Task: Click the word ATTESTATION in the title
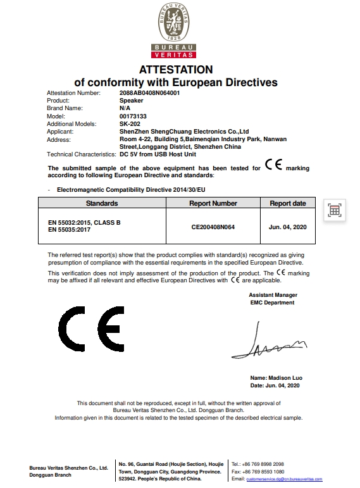pyautogui.click(x=176, y=70)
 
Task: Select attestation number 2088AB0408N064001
pyautogui.click(x=150, y=93)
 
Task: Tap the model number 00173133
pyautogui.click(x=133, y=116)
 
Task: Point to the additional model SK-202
pyautogui.click(x=129, y=124)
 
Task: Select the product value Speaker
pyautogui.click(x=132, y=101)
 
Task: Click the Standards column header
pyautogui.click(x=102, y=203)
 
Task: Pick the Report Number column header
pyautogui.click(x=213, y=203)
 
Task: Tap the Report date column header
pyautogui.click(x=288, y=203)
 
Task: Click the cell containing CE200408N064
pyautogui.click(x=213, y=226)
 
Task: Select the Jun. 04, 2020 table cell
pyautogui.click(x=288, y=226)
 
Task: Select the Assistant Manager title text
pyautogui.click(x=273, y=295)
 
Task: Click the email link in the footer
pyautogui.click(x=284, y=479)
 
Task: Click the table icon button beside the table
pyautogui.click(x=334, y=211)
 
